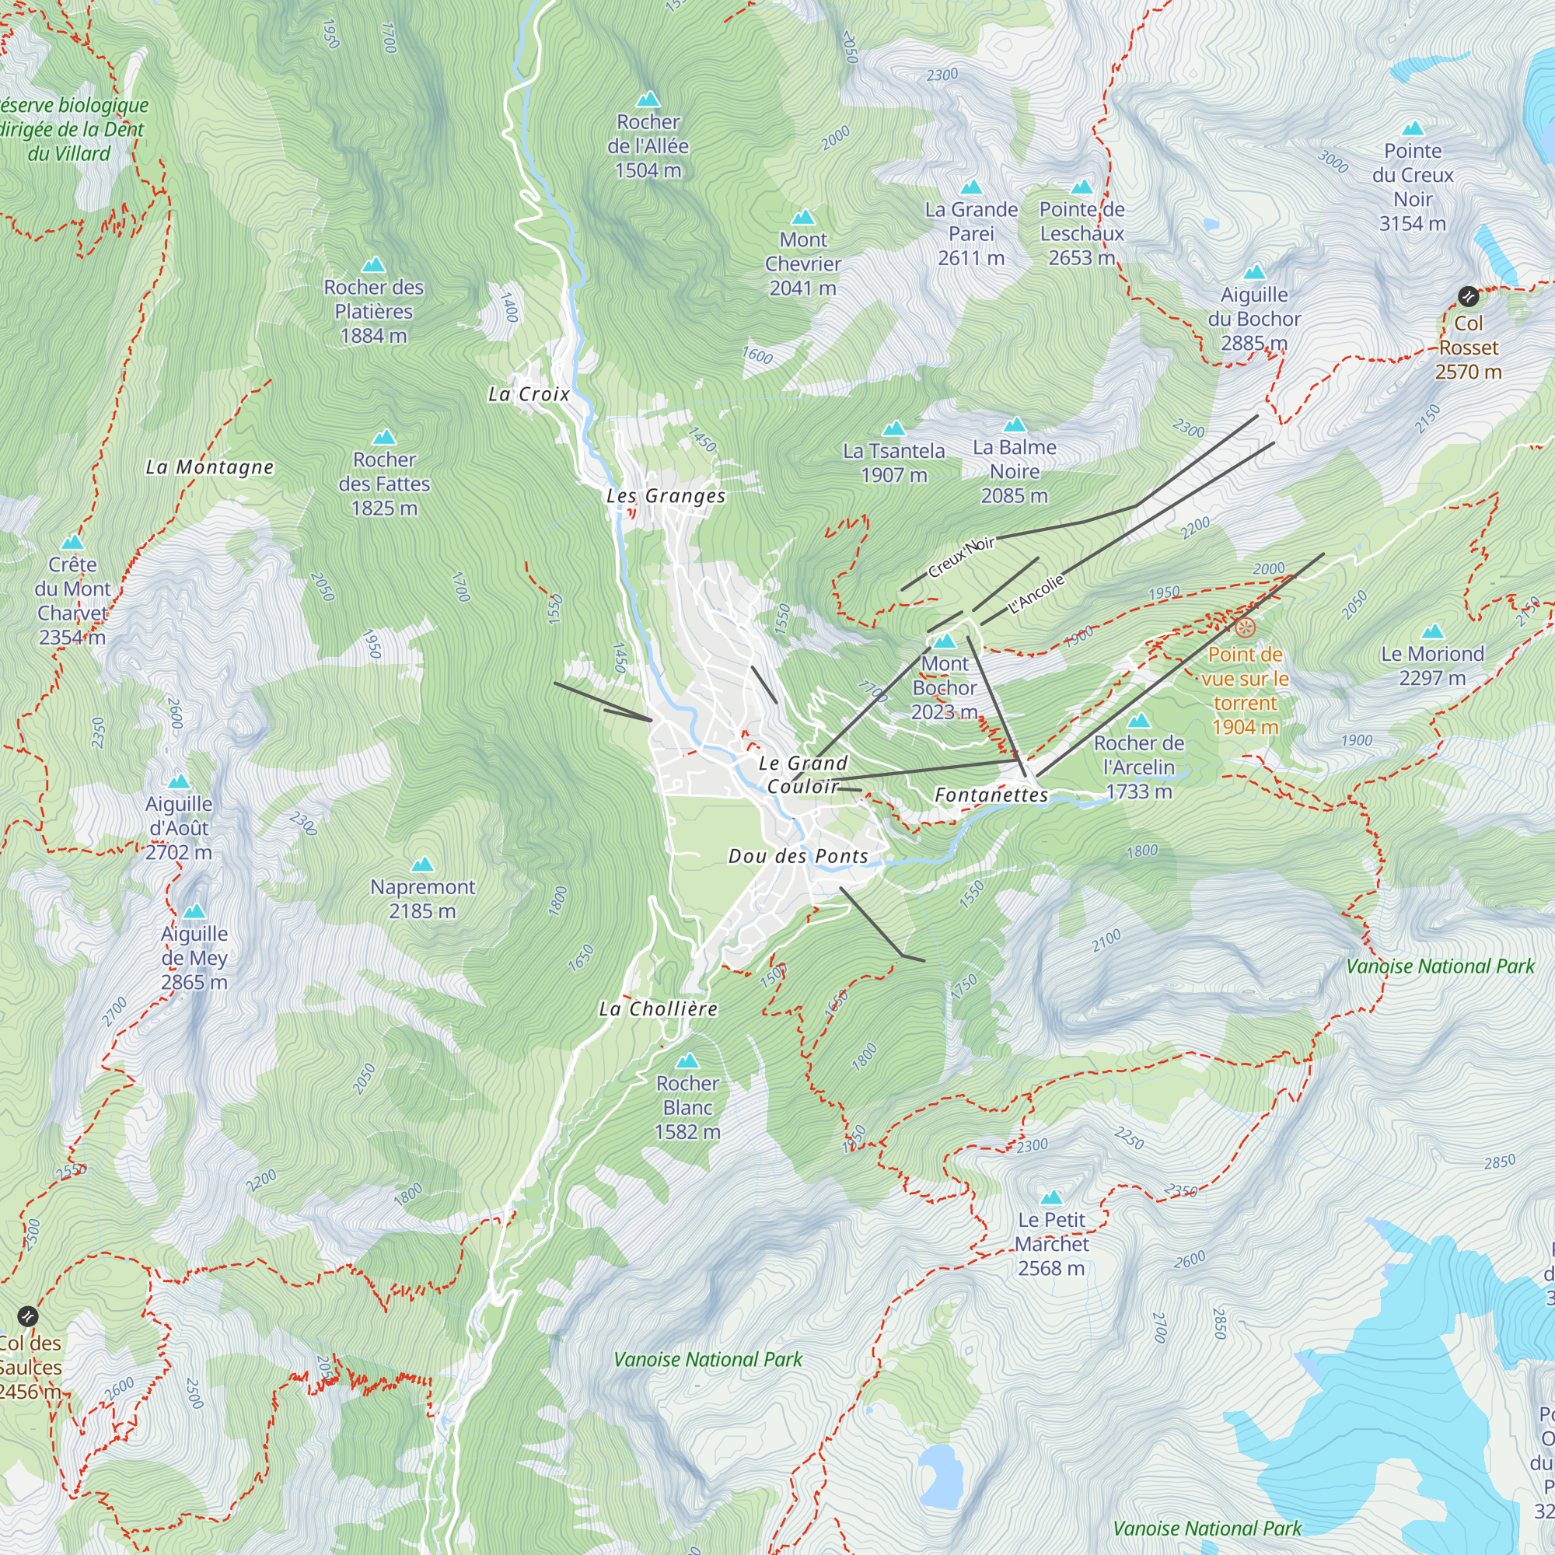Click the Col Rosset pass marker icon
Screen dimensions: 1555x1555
click(1468, 296)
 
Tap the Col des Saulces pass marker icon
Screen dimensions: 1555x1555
click(27, 1317)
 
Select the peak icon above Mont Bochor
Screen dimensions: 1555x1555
click(944, 641)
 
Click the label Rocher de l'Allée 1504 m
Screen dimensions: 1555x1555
click(648, 145)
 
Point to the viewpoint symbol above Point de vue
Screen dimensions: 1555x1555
click(1245, 627)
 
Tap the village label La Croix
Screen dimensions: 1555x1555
click(529, 394)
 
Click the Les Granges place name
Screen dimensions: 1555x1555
click(666, 496)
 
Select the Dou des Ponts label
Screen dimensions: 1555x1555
click(798, 856)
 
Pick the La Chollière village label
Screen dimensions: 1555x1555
click(658, 1009)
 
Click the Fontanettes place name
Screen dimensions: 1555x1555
click(991, 795)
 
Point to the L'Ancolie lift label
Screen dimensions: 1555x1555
click(1036, 594)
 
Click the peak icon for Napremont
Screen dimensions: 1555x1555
click(422, 865)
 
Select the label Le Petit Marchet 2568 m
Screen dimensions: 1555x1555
click(1051, 1243)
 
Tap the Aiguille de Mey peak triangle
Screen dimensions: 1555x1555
click(194, 912)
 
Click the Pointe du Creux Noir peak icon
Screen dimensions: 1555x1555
click(1413, 129)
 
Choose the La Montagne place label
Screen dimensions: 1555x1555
click(209, 467)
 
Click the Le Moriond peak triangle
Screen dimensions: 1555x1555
click(1432, 632)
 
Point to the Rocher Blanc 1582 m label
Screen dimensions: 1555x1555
click(687, 1107)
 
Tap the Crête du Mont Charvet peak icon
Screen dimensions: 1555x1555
click(72, 543)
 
